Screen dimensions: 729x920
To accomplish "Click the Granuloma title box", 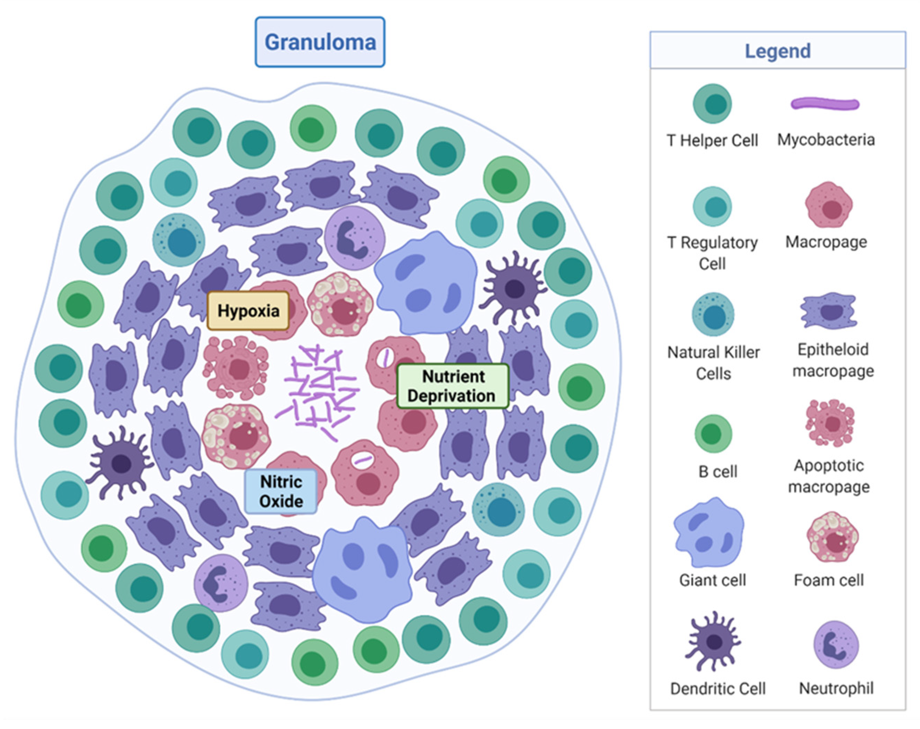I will click(x=320, y=42).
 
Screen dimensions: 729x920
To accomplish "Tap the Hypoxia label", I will click(x=248, y=311).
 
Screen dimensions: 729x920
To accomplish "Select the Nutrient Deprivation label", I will click(x=453, y=386).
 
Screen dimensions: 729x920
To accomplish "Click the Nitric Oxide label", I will click(x=281, y=491).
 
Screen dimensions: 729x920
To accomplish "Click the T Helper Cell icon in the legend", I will click(x=712, y=104).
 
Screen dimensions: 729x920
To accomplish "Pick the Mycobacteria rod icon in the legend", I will click(x=825, y=104).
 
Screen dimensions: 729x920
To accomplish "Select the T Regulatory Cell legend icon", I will click(x=712, y=207).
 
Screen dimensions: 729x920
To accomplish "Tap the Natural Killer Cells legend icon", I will click(x=713, y=315).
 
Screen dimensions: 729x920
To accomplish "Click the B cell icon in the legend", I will click(x=713, y=434).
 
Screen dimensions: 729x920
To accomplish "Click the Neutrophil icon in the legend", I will click(x=836, y=645).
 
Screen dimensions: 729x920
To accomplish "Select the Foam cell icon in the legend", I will click(x=832, y=537).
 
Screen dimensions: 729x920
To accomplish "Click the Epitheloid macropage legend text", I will click(x=833, y=360).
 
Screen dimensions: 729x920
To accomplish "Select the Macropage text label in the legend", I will click(x=826, y=242).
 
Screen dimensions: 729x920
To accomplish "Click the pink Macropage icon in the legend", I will click(x=829, y=205).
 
